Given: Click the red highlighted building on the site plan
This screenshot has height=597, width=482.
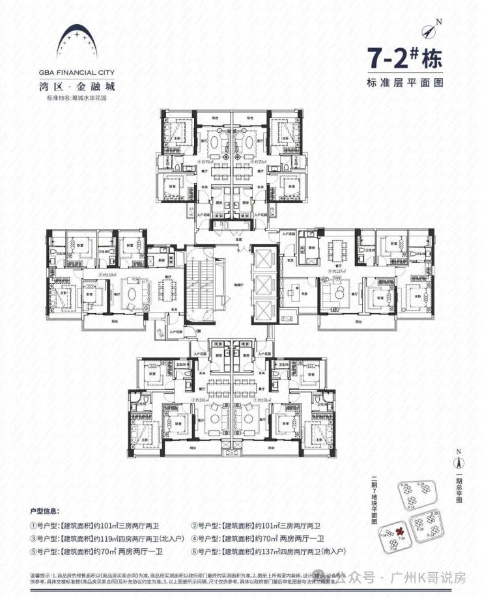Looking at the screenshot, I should pos(399,533).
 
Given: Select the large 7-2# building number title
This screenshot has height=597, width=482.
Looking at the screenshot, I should pos(404,59).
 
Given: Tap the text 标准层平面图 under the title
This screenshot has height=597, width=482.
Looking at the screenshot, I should pos(404,83).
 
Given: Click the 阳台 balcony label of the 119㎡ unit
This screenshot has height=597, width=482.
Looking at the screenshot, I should pos(115,320).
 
